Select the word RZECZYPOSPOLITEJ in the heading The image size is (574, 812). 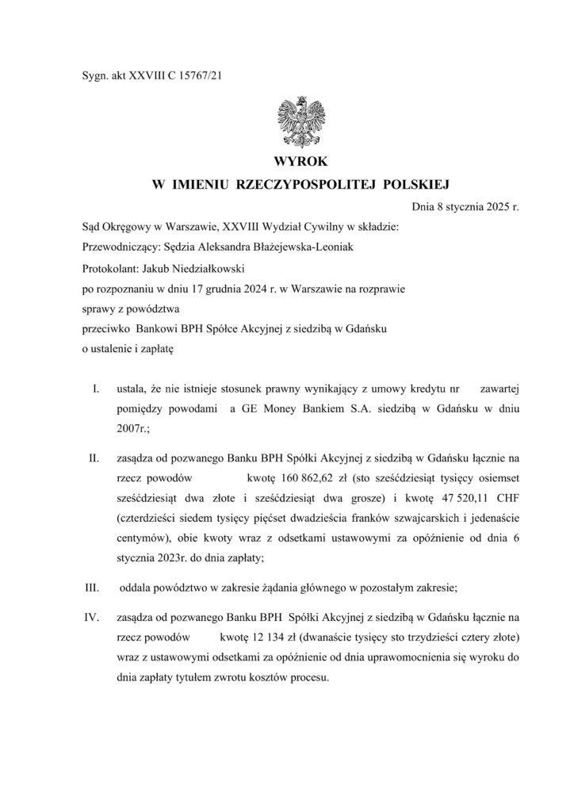click(302, 185)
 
